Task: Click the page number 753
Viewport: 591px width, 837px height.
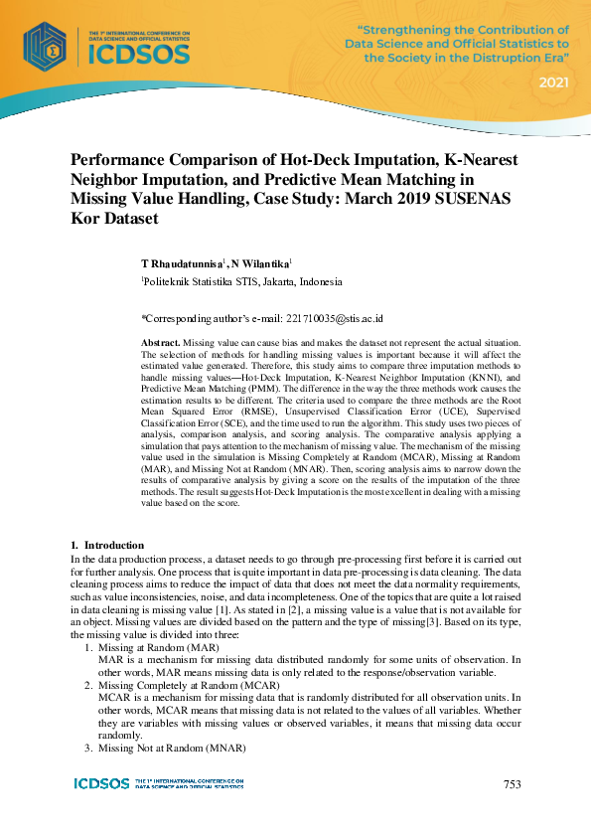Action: tap(512, 784)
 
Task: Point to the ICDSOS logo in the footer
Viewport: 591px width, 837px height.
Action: tap(101, 784)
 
